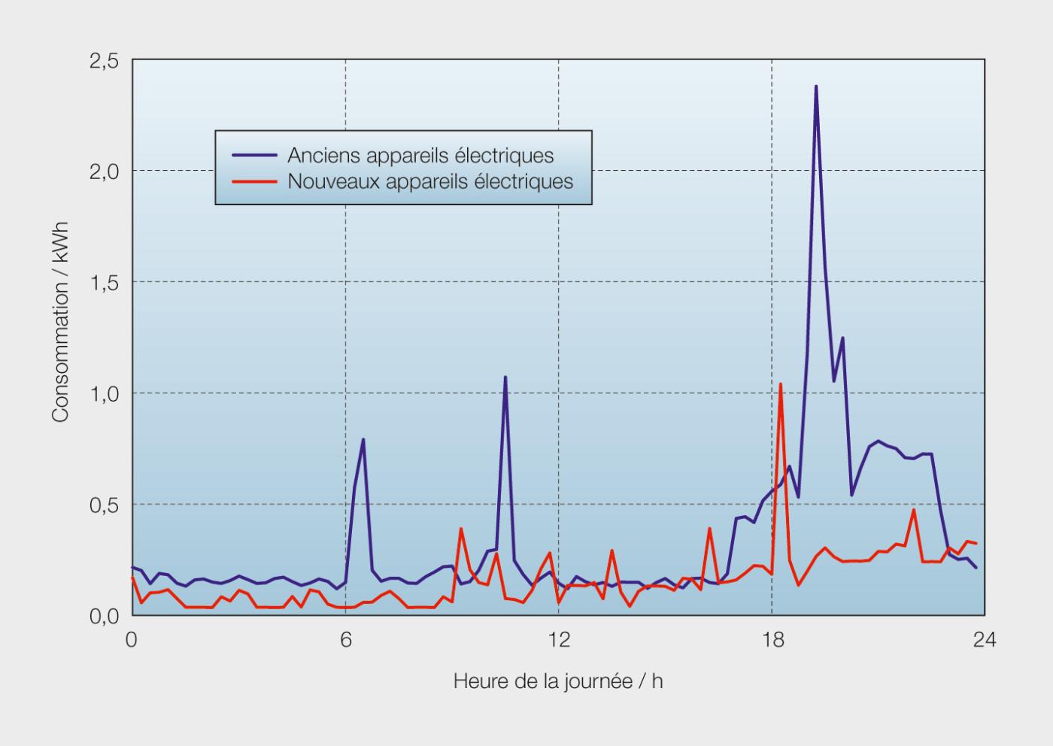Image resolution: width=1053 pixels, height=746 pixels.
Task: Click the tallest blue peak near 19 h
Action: [x=815, y=87]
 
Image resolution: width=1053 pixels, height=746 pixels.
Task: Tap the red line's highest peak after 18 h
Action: [x=781, y=385]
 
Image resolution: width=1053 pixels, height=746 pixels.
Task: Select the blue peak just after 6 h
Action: [x=363, y=440]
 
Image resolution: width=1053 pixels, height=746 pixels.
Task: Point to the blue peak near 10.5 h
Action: [x=505, y=378]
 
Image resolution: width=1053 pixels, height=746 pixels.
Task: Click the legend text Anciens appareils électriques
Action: [x=420, y=156]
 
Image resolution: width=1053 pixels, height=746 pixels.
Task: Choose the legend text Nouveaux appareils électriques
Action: [x=430, y=181]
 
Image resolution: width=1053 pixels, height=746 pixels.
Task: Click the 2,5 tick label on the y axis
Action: [x=104, y=62]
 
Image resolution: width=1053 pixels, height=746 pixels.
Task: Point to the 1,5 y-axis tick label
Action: [x=104, y=283]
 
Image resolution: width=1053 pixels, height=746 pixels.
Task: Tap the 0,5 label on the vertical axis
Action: [x=104, y=505]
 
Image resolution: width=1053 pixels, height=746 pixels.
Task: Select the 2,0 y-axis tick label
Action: [x=104, y=171]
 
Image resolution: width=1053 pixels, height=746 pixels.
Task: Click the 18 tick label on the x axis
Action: [x=772, y=640]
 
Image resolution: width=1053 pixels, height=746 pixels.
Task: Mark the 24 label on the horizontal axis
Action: [x=984, y=640]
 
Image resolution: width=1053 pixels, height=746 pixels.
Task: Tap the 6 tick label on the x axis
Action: [x=346, y=640]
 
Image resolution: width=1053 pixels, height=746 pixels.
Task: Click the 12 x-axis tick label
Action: [x=559, y=640]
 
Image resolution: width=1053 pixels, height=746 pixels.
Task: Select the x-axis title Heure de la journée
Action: [x=558, y=681]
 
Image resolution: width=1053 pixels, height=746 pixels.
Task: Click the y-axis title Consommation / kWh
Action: [x=60, y=322]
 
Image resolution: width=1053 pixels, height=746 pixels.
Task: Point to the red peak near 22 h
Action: [x=914, y=511]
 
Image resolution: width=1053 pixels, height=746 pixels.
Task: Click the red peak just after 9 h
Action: [x=460, y=529]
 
